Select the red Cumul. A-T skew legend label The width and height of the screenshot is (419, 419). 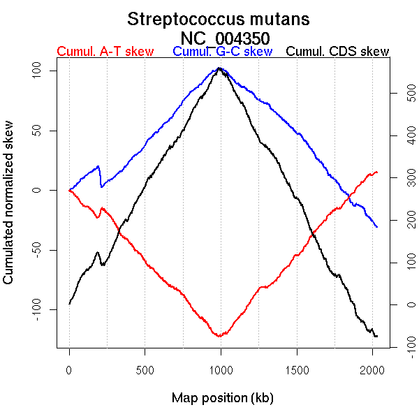[x=105, y=52]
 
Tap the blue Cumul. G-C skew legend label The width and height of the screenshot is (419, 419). [x=221, y=52]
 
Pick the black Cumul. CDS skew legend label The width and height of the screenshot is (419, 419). [x=338, y=52]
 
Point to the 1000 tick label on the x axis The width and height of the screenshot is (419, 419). [x=221, y=369]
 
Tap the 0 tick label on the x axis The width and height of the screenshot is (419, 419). [x=69, y=369]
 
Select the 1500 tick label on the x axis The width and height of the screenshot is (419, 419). [x=296, y=369]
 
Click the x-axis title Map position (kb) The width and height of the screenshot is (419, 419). [x=222, y=398]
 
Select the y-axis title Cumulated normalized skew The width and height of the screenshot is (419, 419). [x=9, y=209]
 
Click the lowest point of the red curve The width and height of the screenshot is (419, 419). [x=219, y=337]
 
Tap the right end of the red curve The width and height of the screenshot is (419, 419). [x=377, y=172]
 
